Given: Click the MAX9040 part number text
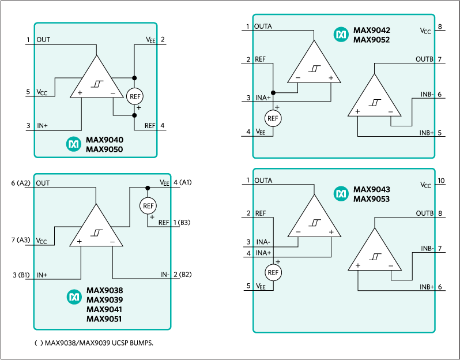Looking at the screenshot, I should coord(104,140).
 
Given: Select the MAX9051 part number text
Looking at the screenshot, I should coord(104,318).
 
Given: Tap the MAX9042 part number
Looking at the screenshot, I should coord(371,31).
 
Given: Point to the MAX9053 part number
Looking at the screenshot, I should coord(371,199).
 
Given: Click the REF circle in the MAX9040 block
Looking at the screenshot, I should coord(134,96).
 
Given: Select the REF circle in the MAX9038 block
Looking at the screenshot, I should coord(148,206).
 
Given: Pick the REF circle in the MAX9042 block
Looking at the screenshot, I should coord(273,118).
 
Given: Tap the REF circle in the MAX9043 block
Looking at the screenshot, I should coord(273,272).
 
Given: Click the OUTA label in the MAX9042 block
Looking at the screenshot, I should coord(263,27).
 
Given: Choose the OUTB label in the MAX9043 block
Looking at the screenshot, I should coord(424,213).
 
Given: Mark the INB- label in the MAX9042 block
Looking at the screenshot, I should coord(427,95).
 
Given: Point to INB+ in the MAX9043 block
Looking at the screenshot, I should coord(427,287).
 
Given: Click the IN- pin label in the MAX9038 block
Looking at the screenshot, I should coord(164,275).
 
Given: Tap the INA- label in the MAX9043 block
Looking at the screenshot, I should coord(263,242).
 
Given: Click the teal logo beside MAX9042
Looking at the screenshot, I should coord(341,35).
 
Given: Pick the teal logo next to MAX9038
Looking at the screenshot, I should coord(74,297).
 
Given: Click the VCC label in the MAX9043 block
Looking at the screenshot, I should coord(425,185).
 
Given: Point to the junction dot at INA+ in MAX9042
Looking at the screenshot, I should coord(273,92).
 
